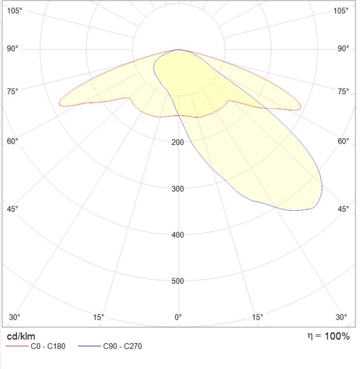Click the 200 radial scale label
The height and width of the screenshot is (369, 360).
(178, 142)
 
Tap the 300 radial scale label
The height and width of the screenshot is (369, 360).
(178, 189)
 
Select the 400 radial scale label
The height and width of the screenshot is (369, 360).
(178, 235)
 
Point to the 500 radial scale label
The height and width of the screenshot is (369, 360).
(178, 281)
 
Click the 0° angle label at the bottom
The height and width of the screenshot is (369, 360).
(178, 317)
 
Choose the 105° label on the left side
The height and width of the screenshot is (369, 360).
(14, 11)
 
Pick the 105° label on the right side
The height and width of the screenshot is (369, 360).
(341, 11)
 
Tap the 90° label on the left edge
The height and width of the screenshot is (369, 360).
(12, 49)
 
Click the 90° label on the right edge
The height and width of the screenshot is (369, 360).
(343, 49)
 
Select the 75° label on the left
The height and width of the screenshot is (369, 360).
(12, 91)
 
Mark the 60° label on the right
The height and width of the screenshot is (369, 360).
(343, 141)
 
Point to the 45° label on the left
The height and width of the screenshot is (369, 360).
(12, 209)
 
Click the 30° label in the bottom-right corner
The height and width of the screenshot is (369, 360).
(341, 317)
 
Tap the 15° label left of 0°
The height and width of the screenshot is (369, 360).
(99, 317)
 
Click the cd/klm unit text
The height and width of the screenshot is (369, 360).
(21, 336)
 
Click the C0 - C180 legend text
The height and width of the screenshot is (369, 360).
(48, 346)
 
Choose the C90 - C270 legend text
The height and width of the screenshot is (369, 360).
(123, 346)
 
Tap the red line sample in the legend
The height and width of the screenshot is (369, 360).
(17, 346)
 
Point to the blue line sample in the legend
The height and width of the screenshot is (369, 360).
(89, 346)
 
